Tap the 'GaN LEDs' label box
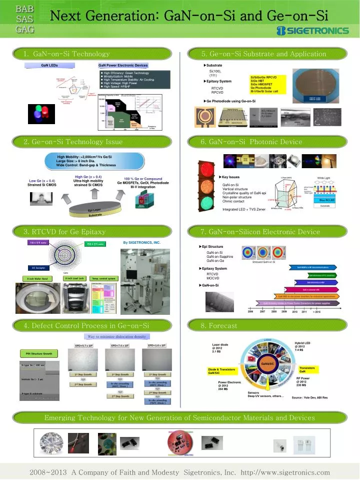(49, 66)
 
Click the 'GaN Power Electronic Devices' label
(123, 66)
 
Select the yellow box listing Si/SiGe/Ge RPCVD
(267, 85)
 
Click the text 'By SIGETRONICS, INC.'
(141, 242)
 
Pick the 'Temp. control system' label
(104, 278)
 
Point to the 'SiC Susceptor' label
(39, 268)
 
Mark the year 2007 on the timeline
(262, 311)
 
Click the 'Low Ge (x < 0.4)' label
(42, 181)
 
